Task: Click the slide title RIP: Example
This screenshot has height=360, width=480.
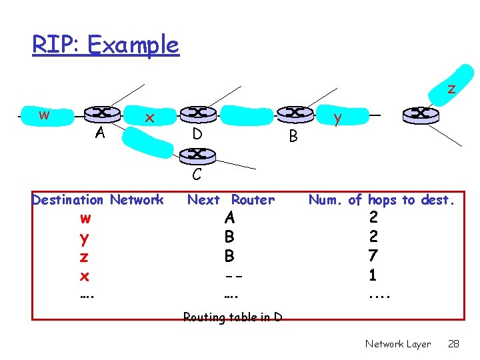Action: [x=105, y=45]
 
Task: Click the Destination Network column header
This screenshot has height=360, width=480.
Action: [x=97, y=199]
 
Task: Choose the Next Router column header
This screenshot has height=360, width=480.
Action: [x=231, y=199]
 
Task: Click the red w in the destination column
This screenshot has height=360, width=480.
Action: [x=85, y=218]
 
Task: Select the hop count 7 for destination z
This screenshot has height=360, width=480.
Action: [x=373, y=255]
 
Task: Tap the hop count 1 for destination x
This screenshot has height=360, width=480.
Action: [x=373, y=274]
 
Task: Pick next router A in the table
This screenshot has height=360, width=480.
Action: [x=230, y=218]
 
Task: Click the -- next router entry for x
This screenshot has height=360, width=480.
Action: [x=230, y=275]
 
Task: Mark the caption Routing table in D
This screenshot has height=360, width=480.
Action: [x=233, y=317]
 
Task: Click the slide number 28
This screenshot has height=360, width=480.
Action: [x=453, y=344]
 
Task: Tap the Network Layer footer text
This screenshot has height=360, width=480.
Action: [x=398, y=344]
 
